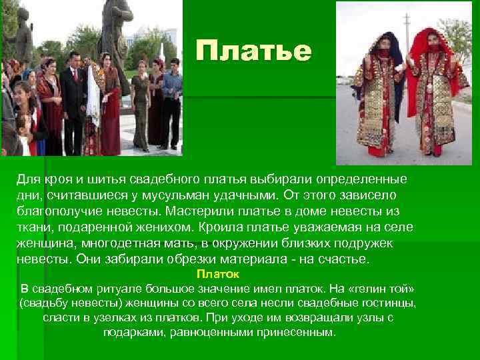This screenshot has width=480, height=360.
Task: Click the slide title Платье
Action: click(x=254, y=51)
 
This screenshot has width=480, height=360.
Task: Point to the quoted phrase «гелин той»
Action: click(x=379, y=289)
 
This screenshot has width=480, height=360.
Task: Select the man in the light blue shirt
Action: click(x=171, y=100)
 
